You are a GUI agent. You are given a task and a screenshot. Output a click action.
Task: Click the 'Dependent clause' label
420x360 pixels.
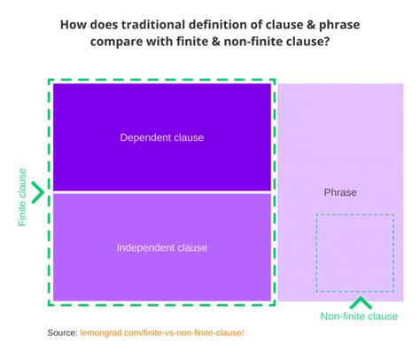tap(162, 137)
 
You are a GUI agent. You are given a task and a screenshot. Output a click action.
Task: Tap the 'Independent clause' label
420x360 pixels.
tap(162, 247)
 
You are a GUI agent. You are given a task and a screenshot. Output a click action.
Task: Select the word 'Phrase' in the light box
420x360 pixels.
tap(341, 192)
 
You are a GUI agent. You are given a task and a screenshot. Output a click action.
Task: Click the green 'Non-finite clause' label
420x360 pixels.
tap(358, 317)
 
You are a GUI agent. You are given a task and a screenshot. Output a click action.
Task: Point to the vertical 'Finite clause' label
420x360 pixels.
tap(22, 197)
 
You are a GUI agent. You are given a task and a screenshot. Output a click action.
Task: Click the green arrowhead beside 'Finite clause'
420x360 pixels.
tap(38, 192)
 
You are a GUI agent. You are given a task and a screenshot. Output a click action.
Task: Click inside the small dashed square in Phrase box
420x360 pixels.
tap(354, 253)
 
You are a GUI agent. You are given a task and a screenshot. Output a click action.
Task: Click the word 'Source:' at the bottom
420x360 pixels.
tap(63, 333)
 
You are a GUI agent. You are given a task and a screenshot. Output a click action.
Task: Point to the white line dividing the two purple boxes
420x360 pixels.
tap(162, 192)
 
